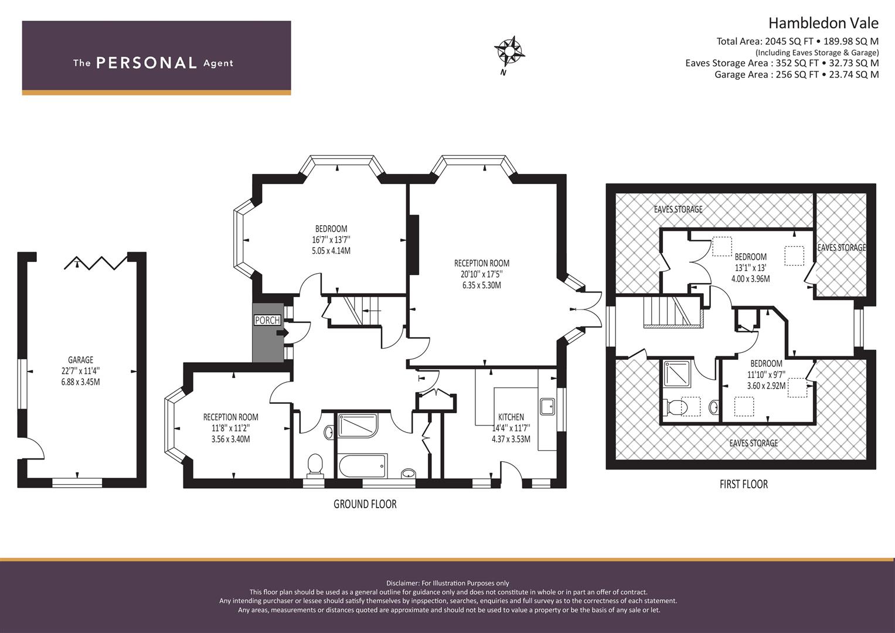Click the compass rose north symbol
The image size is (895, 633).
tap(509, 52)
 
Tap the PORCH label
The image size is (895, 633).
tap(267, 320)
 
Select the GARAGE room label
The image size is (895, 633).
tap(81, 360)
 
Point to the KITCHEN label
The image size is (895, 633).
tap(511, 417)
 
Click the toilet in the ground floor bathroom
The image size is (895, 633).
tap(315, 465)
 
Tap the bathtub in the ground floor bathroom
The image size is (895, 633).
tap(363, 465)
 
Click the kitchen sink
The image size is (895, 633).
tap(547, 406)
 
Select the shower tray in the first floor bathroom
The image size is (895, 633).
tap(677, 374)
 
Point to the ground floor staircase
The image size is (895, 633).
tap(360, 311)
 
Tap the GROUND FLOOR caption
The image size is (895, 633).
tap(365, 504)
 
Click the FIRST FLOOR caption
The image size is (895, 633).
tap(744, 484)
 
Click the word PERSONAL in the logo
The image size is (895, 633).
tap(147, 63)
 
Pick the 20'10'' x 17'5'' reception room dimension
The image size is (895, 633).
tap(481, 274)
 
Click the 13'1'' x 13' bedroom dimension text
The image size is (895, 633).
tap(750, 268)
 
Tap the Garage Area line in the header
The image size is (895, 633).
tap(797, 75)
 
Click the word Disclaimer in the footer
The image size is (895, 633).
tap(403, 583)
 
